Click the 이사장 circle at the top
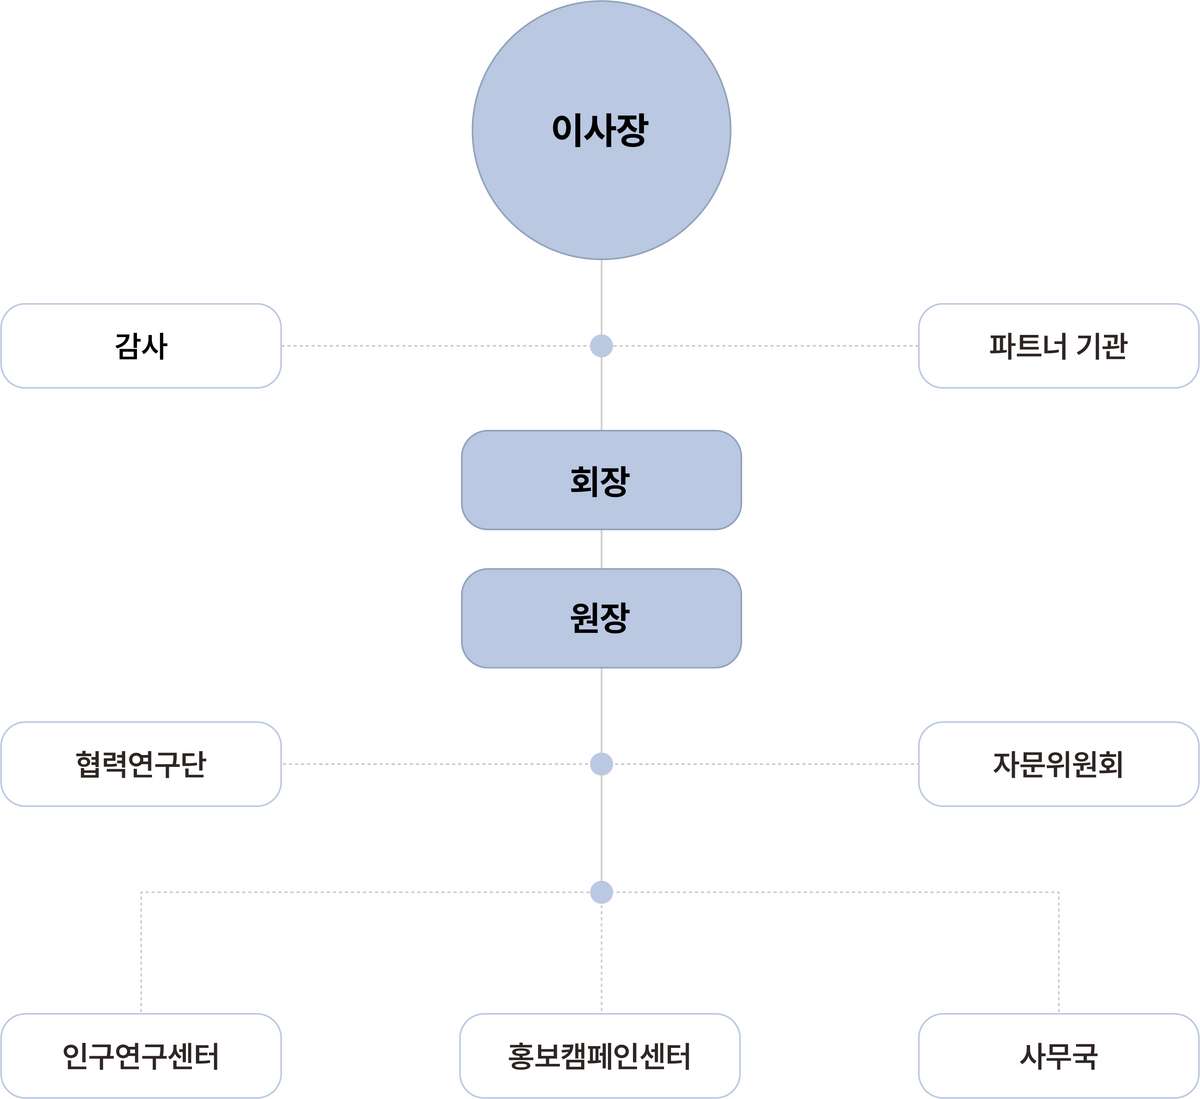[x=601, y=130]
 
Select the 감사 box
[x=141, y=346]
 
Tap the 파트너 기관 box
[x=1057, y=346]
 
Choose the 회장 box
[x=601, y=480]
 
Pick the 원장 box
[x=601, y=618]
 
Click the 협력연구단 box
[x=141, y=764]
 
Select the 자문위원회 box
[x=1057, y=764]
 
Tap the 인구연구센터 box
[x=141, y=1055]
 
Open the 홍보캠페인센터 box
[x=600, y=1055]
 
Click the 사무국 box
[x=1057, y=1055]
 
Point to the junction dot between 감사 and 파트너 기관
[x=601, y=346]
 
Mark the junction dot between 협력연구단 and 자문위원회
[x=601, y=764]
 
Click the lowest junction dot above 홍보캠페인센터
[x=601, y=891]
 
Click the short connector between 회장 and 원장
[x=601, y=549]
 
